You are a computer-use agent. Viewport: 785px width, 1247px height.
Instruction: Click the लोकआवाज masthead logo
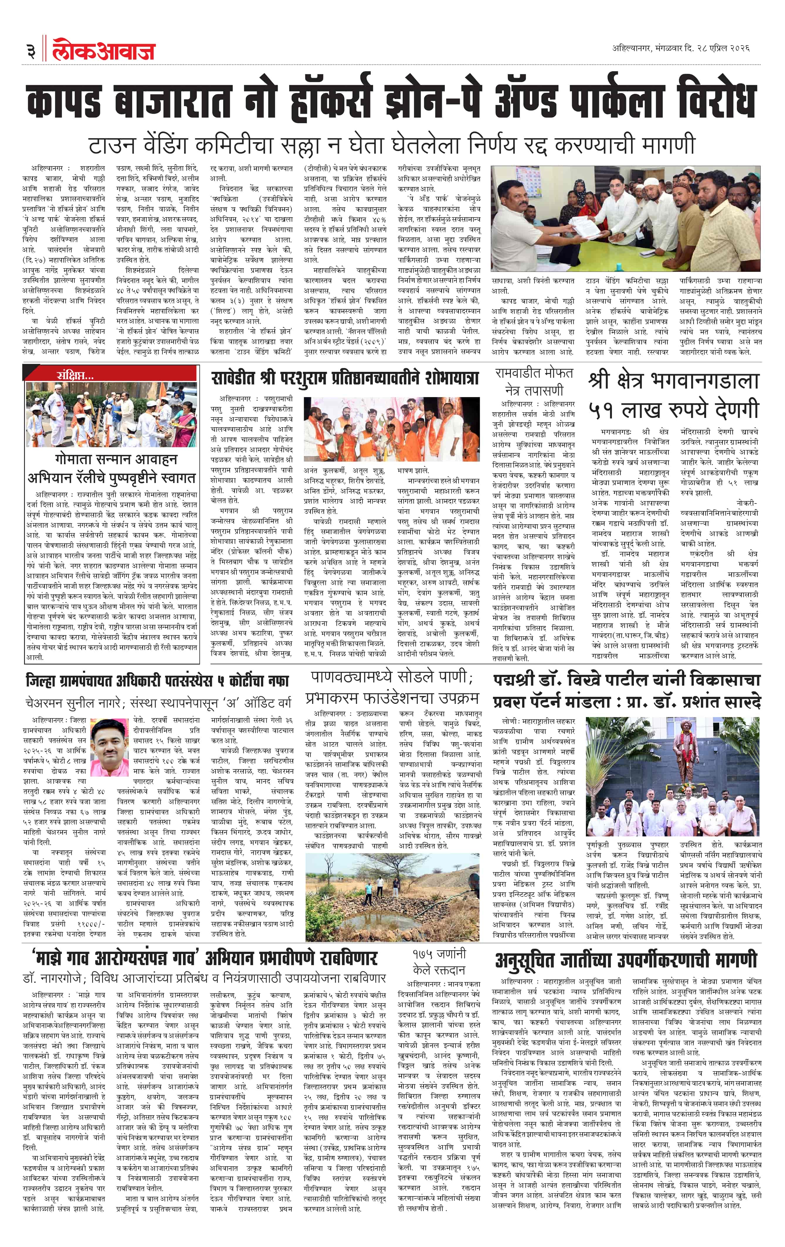tap(104, 50)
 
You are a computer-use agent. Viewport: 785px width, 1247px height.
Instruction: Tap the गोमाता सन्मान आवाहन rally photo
tap(111, 414)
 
